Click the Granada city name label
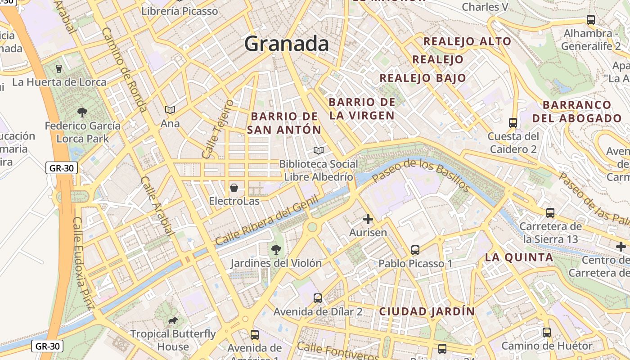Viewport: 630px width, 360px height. click(x=286, y=44)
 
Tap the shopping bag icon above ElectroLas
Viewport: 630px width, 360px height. click(x=234, y=187)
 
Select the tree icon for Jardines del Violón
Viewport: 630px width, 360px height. click(x=275, y=249)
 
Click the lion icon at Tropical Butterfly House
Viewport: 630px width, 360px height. click(x=172, y=320)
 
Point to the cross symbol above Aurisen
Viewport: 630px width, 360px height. click(x=368, y=219)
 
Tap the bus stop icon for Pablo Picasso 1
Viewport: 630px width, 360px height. click(x=415, y=250)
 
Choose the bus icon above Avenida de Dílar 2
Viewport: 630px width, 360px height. click(x=318, y=298)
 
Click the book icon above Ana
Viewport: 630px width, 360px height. click(x=170, y=110)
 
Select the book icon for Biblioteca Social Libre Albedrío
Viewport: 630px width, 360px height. click(x=319, y=150)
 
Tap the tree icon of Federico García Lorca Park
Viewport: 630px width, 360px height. click(x=82, y=112)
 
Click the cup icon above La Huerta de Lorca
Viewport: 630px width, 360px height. click(x=58, y=69)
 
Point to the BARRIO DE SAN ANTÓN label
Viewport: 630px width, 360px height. click(x=284, y=123)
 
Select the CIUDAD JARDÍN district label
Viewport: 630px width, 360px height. click(x=427, y=311)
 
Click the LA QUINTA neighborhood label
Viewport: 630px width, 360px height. click(x=519, y=257)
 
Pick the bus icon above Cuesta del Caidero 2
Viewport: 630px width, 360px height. click(x=513, y=122)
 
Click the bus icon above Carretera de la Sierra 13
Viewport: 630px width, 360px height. click(x=550, y=212)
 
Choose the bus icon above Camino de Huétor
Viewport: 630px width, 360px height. click(x=547, y=333)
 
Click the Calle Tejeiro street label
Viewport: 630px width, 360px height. click(x=218, y=129)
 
